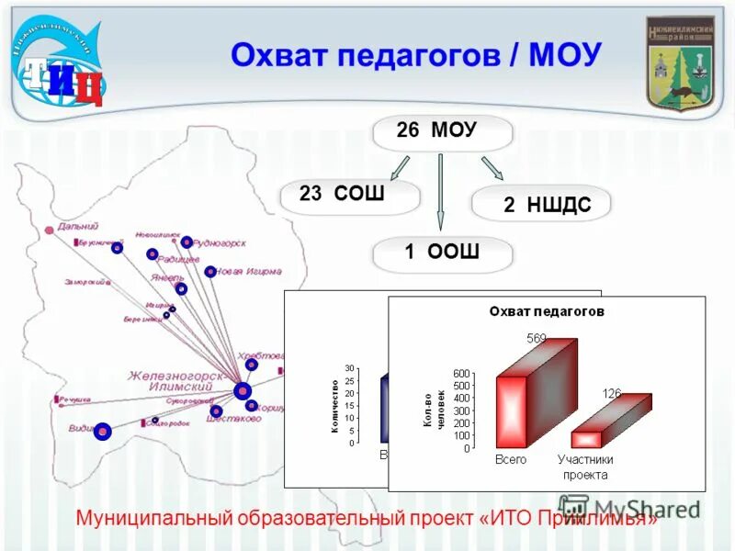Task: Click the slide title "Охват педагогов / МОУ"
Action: coord(415,55)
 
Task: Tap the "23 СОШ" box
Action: coord(349,196)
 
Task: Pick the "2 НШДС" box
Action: coord(541,204)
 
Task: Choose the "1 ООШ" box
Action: coord(442,253)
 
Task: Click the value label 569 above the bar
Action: coord(536,339)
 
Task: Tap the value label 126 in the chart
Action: coord(612,393)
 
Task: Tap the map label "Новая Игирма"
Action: coord(248,272)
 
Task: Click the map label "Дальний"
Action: coord(76,226)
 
